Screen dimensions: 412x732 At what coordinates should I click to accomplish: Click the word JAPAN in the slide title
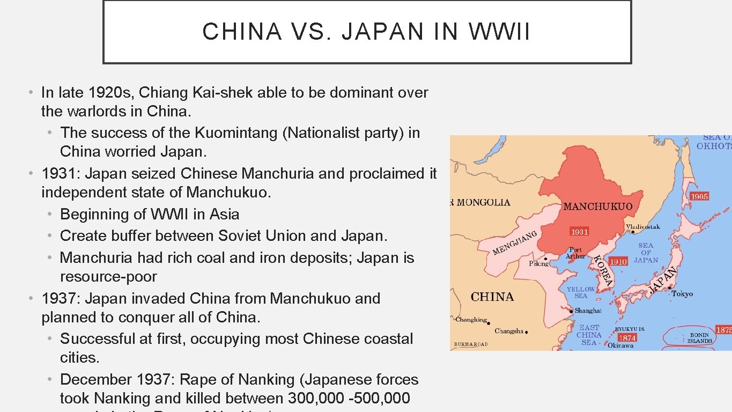382,32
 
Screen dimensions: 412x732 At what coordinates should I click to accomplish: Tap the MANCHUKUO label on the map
598,207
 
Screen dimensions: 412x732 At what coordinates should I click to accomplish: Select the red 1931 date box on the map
579,232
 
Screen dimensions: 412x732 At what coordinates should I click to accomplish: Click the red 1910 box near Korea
618,262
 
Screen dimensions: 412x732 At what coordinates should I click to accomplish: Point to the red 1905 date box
699,196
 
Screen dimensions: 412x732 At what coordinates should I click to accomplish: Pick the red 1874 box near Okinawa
627,337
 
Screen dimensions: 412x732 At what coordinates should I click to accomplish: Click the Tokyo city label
682,294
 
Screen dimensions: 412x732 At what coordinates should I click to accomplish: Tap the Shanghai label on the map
588,311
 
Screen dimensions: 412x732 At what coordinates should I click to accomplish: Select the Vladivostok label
643,227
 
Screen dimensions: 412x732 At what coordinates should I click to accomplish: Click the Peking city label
538,263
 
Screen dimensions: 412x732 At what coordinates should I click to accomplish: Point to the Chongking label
471,320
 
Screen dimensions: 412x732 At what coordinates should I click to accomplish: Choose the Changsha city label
508,331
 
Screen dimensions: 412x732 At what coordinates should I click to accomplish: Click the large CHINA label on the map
492,297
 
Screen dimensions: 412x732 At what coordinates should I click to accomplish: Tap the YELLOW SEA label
581,292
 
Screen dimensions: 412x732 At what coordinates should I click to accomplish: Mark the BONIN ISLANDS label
699,338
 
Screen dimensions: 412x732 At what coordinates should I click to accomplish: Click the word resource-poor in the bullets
108,277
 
